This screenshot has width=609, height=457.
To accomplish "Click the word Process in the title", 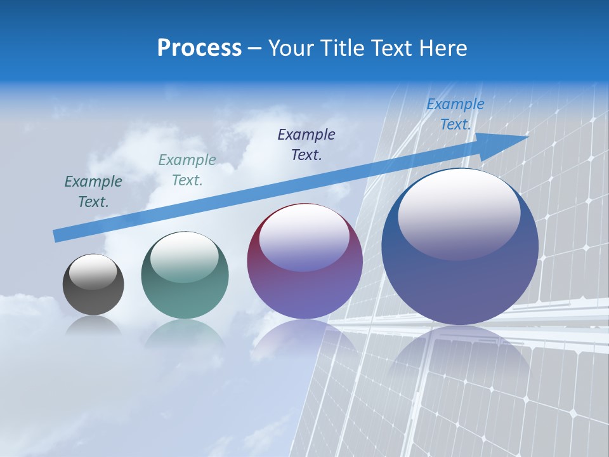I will [x=199, y=48].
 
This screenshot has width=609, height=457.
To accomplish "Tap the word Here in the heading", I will [x=443, y=48].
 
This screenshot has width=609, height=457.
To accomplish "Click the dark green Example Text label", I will [x=93, y=192].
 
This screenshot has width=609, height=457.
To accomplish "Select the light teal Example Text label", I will [x=187, y=170].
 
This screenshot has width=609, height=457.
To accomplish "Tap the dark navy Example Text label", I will [x=306, y=144].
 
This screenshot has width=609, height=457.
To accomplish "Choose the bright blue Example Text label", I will [x=455, y=114].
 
